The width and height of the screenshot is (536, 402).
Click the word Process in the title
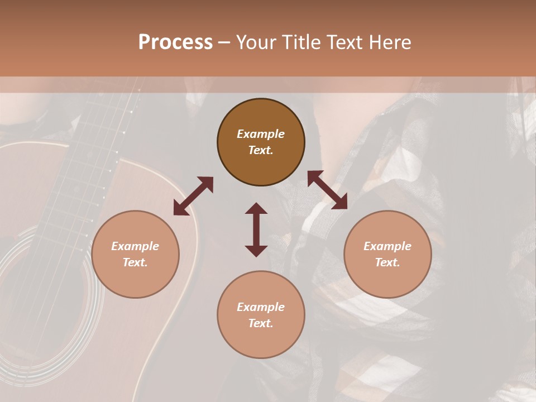[x=175, y=42]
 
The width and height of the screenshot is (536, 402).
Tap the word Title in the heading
[x=301, y=42]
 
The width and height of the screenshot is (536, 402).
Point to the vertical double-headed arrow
[x=256, y=229]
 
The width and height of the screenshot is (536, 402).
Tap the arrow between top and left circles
[x=193, y=196]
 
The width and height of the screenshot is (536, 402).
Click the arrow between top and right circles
[x=327, y=190]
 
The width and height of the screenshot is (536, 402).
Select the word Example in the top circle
[x=261, y=134]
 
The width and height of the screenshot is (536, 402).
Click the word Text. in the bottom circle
[x=261, y=323]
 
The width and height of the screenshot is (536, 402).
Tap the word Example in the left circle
[x=135, y=246]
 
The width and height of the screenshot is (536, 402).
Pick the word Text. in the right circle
[x=387, y=262]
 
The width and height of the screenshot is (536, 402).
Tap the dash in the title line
[x=224, y=42]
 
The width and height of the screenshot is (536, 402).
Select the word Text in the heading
[x=344, y=42]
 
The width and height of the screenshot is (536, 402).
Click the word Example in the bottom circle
[x=261, y=307]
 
